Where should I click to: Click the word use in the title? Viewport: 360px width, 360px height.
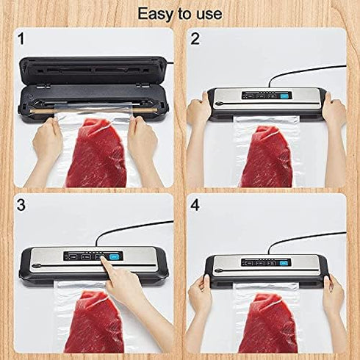pyautogui.click(x=207, y=13)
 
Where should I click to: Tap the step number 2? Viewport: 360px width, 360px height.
pyautogui.click(x=195, y=38)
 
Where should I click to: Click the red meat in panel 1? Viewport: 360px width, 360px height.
pyautogui.click(x=96, y=154)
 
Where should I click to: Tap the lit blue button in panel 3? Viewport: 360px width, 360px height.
pyautogui.click(x=114, y=256)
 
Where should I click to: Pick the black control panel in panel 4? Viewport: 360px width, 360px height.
pyautogui.click(x=263, y=262)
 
